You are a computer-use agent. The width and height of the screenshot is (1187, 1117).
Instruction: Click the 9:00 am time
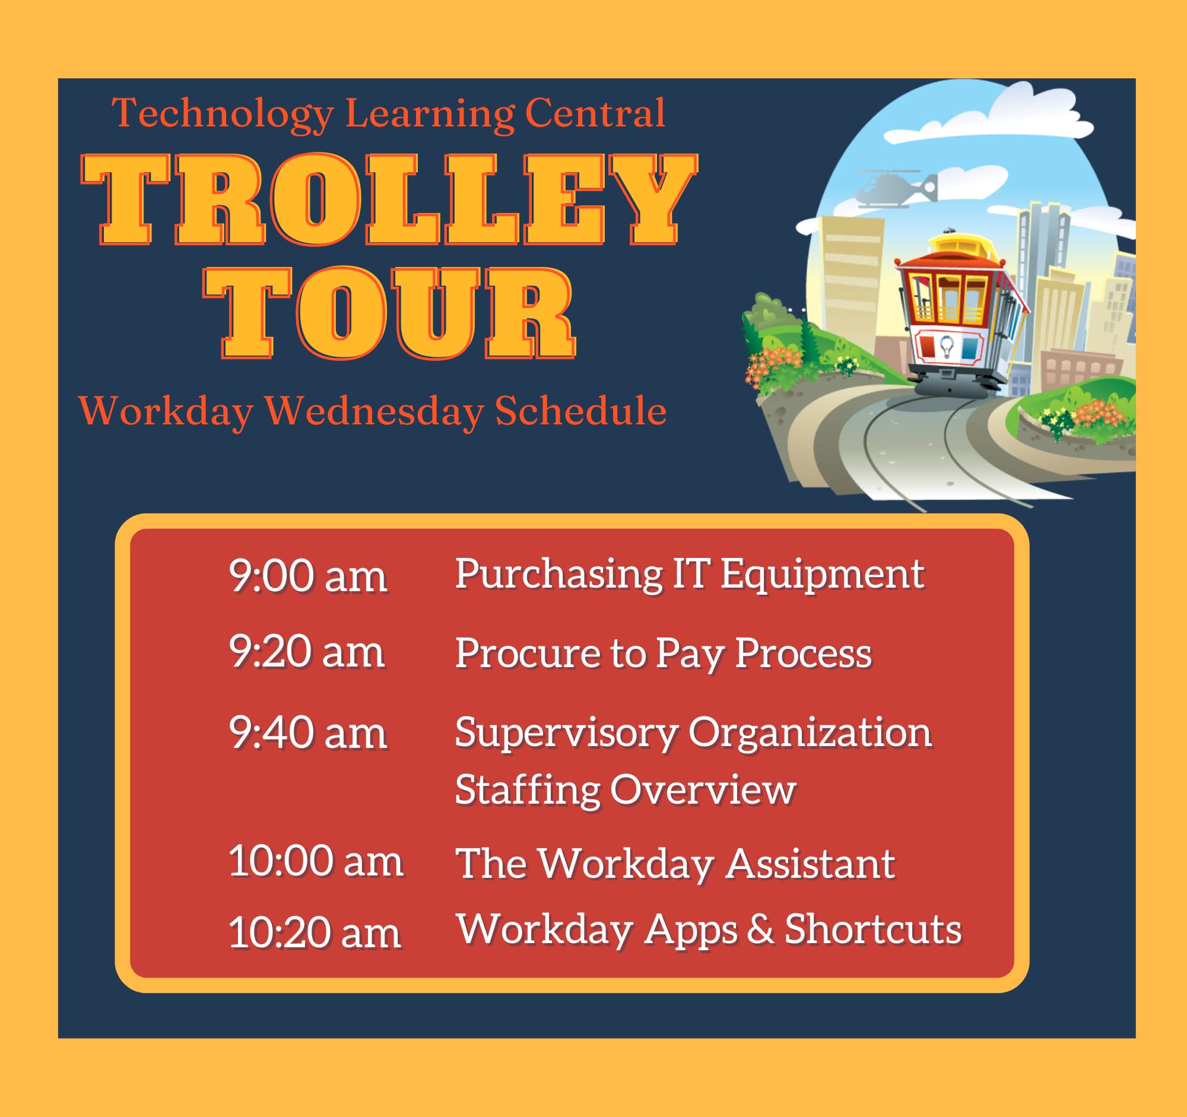308,576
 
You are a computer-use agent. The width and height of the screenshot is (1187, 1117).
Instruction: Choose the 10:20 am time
315,932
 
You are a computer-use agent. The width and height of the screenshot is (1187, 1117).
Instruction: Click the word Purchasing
559,575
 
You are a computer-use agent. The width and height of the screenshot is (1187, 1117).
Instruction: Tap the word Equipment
823,575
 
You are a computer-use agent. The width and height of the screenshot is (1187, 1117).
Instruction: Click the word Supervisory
567,734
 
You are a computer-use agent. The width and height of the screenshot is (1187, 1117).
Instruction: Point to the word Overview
703,789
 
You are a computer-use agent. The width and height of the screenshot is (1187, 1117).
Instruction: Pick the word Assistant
810,864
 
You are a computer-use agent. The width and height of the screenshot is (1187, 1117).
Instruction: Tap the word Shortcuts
873,929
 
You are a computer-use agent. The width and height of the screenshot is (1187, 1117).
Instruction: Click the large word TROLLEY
389,199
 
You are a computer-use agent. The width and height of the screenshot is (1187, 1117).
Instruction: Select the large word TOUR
389,313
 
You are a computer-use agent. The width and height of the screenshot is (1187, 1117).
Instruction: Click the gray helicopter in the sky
896,188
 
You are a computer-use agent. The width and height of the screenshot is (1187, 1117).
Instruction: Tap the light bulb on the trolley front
947,346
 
